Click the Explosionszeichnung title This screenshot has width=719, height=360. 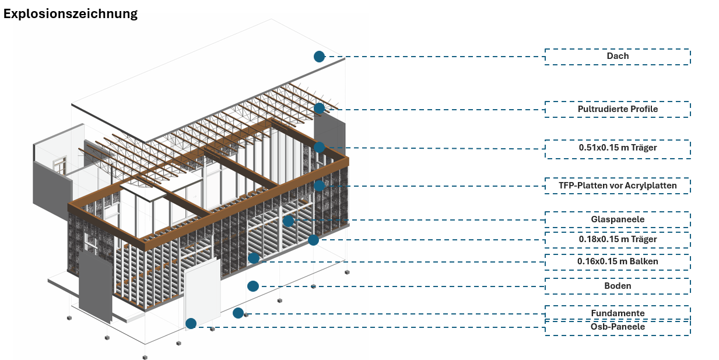71,14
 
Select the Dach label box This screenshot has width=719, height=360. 618,57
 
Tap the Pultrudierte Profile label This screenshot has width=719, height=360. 618,109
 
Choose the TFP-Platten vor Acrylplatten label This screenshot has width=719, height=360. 618,186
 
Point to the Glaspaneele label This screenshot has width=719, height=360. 618,219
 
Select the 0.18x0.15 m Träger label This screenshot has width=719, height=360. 618,240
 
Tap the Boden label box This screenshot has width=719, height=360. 618,286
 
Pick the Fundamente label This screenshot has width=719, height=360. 618,313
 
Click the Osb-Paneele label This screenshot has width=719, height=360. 618,327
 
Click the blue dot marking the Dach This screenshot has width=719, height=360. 319,57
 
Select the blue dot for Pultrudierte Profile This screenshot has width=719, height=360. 319,109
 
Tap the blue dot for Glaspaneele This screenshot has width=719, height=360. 288,221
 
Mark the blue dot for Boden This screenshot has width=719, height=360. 253,286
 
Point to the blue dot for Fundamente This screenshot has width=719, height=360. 238,313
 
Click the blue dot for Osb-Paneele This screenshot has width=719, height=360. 191,323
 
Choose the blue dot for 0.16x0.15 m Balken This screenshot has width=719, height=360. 254,258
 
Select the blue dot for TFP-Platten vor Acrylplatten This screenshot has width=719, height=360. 319,186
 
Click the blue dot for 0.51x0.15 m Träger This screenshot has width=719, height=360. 319,148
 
